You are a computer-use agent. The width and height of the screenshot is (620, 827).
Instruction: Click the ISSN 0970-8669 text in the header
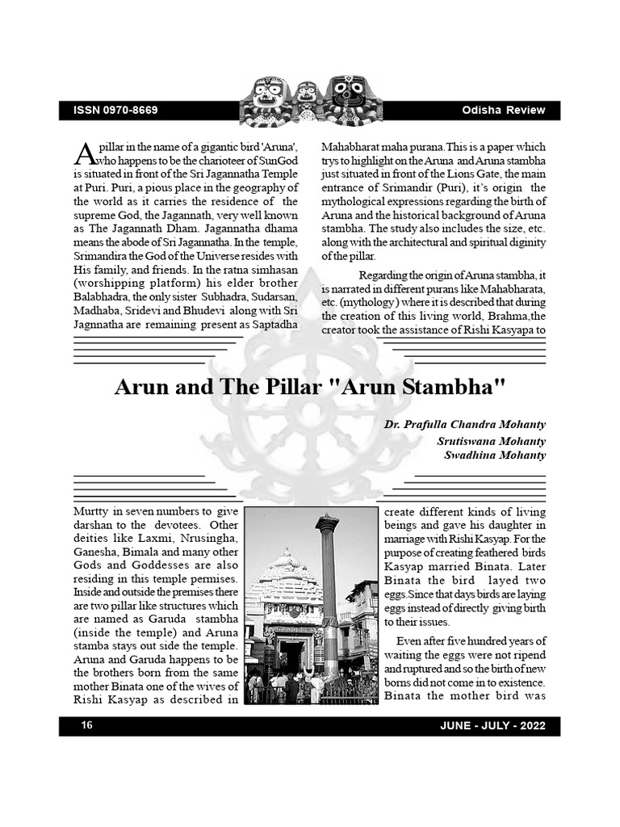(x=115, y=110)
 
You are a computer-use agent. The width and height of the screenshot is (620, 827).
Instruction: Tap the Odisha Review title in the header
(x=504, y=110)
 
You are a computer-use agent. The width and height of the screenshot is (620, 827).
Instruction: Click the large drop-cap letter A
(x=83, y=153)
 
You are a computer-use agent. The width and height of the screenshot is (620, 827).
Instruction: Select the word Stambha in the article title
(x=452, y=387)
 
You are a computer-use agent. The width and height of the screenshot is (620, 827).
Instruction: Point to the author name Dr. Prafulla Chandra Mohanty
(x=465, y=424)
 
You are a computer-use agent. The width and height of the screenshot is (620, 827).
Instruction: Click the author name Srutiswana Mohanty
(x=491, y=441)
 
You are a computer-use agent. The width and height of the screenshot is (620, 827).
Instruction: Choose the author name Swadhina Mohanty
(x=494, y=455)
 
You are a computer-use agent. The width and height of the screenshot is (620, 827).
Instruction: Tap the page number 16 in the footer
(x=86, y=726)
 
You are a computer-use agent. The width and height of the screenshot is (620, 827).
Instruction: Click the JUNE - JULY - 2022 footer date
(x=492, y=726)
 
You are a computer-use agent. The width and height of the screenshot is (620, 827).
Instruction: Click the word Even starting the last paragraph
(x=410, y=640)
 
